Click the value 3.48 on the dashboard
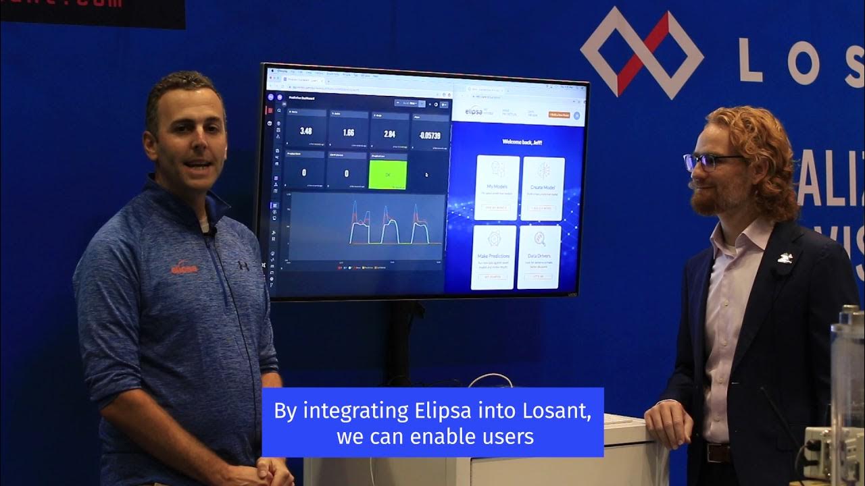click(305, 131)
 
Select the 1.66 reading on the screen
click(348, 132)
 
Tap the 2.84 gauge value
click(390, 134)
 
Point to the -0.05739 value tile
click(430, 135)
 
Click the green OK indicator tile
click(387, 173)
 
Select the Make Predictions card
click(493, 257)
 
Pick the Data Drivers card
click(539, 257)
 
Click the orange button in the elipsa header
click(558, 115)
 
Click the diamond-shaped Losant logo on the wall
click(641, 53)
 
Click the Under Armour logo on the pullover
click(243, 265)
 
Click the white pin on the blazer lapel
click(785, 257)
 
